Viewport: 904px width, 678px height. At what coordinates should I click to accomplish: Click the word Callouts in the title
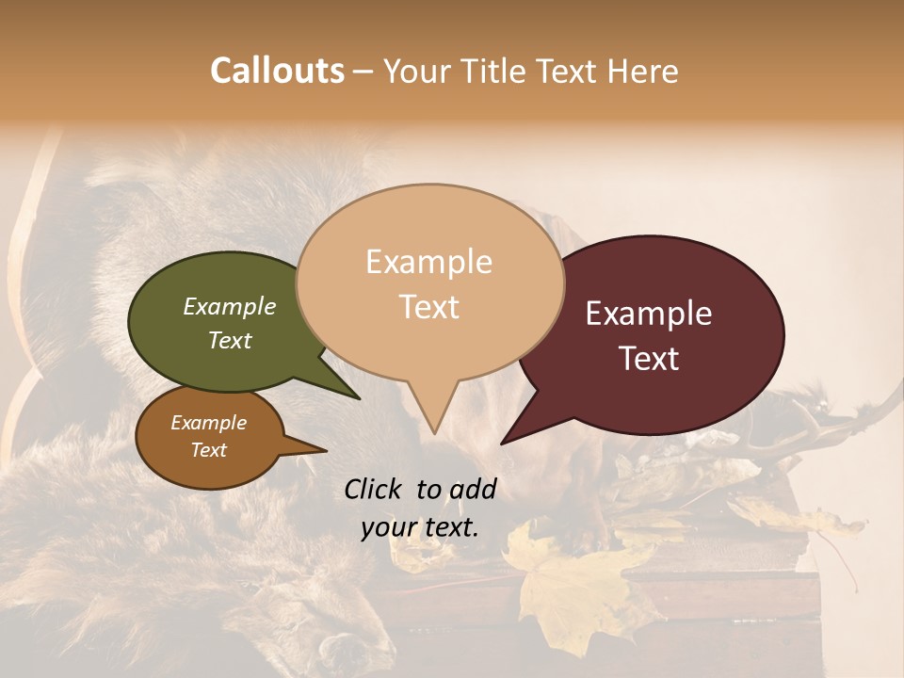[277, 71]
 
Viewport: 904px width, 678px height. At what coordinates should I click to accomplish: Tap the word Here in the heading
[643, 71]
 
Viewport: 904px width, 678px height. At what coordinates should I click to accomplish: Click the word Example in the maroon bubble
[649, 314]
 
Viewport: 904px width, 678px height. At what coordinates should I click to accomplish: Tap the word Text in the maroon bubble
[650, 359]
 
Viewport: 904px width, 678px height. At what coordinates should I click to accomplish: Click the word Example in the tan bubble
[428, 262]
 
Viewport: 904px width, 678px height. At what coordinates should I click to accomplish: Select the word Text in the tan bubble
[428, 307]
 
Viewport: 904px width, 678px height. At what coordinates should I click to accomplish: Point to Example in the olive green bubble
[229, 307]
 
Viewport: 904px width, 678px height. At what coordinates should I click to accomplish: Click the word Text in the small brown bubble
[209, 450]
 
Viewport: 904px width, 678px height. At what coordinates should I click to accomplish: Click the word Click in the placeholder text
[374, 489]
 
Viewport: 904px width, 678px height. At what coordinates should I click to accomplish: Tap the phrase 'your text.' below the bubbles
[420, 527]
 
